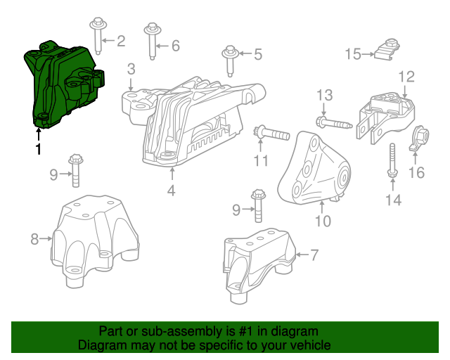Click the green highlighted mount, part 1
63,84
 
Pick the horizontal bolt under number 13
333,124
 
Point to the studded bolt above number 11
271,131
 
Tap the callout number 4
171,190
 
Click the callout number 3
131,69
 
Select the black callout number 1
38,149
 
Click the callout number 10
322,221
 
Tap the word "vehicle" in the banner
309,346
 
